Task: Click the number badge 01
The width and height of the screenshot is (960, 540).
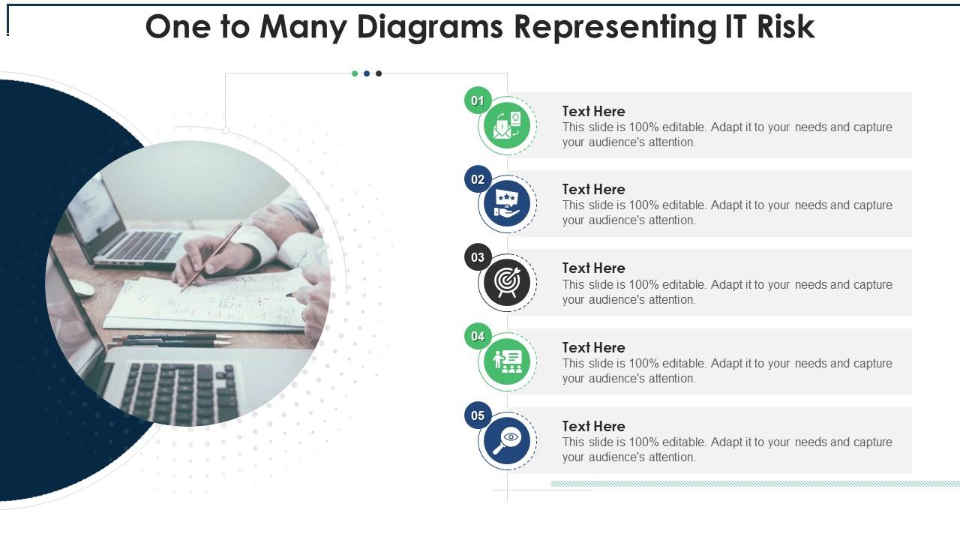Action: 478,100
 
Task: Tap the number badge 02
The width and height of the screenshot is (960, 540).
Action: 478,179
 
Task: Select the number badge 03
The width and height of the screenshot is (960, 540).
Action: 478,258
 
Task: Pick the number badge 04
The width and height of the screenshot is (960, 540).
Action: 478,337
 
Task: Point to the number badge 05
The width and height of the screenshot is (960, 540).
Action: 478,415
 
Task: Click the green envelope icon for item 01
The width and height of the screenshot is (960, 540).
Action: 508,125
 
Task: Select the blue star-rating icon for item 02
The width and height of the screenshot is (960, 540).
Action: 508,204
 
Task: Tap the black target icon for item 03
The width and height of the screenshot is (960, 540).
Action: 508,283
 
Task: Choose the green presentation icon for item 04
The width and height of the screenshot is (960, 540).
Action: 508,361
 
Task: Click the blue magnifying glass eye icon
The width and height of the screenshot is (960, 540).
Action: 508,440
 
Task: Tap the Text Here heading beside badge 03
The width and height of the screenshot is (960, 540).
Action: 593,268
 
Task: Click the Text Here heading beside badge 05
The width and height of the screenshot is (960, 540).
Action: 593,426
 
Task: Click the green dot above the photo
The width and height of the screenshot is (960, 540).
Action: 355,73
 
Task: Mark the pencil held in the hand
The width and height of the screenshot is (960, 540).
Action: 211,256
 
